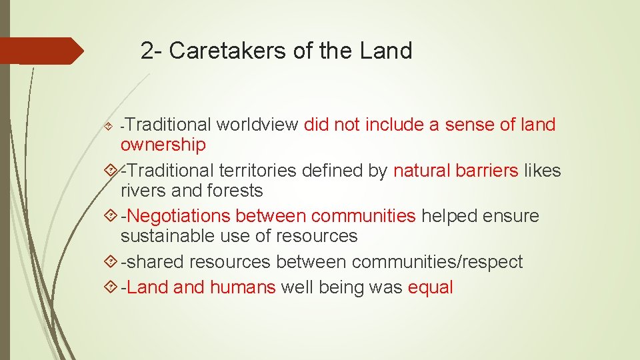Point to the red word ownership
(x=163, y=145)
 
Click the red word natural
(x=421, y=171)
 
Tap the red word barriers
(x=487, y=171)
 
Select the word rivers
(x=143, y=191)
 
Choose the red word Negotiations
(x=178, y=216)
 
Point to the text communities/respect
(x=437, y=262)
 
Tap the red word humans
(x=243, y=288)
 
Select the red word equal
(x=431, y=288)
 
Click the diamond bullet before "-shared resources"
(x=111, y=262)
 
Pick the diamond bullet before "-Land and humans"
(x=111, y=288)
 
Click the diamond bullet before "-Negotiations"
(x=111, y=216)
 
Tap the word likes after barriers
(x=543, y=171)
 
